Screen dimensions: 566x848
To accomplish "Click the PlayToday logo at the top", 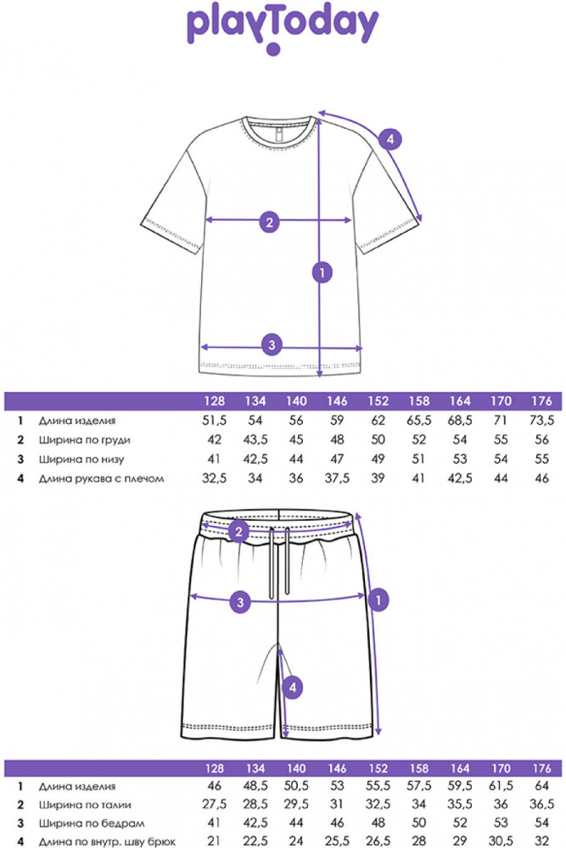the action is (283, 29).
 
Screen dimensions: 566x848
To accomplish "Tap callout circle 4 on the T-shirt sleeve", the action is (390, 140).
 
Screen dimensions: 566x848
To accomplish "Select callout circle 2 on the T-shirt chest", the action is (270, 221).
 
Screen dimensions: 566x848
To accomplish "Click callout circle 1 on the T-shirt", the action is (322, 272).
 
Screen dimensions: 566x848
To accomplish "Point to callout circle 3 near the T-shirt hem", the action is (272, 344).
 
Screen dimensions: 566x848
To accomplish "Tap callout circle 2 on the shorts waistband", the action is (238, 532).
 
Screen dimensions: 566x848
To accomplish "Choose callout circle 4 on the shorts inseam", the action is (293, 688).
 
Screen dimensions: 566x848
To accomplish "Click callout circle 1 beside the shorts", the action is (378, 600).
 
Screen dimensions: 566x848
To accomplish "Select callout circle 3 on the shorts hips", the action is (240, 601).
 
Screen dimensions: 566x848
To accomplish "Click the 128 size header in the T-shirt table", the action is (215, 401).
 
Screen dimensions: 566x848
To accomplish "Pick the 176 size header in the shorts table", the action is (541, 768).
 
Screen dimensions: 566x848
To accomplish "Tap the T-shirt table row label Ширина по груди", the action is (84, 439).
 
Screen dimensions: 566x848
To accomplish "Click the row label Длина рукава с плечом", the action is (101, 478).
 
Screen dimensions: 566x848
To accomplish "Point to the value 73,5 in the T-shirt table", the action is (541, 421).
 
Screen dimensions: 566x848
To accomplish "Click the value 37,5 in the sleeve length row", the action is (337, 478).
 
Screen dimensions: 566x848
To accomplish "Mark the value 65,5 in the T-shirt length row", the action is (419, 421).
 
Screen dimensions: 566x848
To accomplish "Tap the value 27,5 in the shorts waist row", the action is (215, 804).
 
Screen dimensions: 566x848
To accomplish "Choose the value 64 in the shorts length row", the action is (541, 785).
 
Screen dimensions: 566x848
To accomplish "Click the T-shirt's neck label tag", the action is (278, 134).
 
